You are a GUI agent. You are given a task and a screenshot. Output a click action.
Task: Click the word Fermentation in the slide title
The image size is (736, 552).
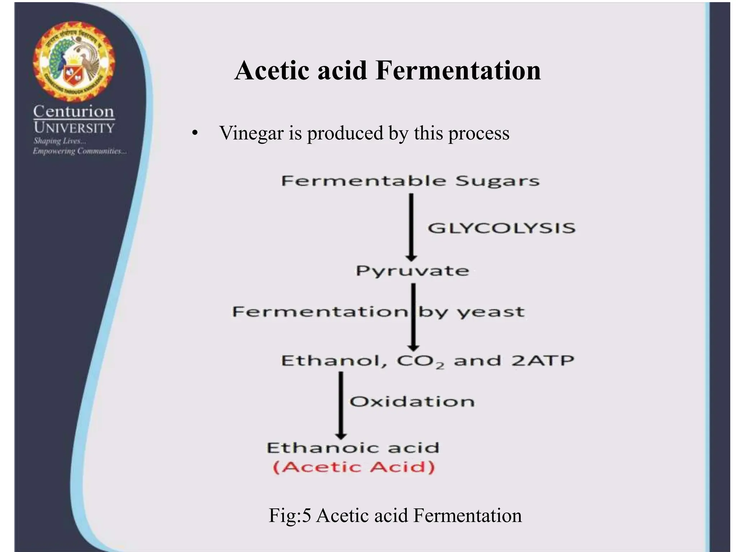pyautogui.click(x=458, y=70)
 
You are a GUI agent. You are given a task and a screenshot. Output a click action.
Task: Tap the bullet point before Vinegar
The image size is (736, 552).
pyautogui.click(x=195, y=134)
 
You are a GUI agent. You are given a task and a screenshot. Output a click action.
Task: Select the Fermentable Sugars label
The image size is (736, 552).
pyautogui.click(x=410, y=181)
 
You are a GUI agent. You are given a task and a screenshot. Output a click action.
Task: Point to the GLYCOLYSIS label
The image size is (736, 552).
pyautogui.click(x=501, y=228)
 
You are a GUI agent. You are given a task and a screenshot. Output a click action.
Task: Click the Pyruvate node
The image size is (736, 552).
pyautogui.click(x=413, y=271)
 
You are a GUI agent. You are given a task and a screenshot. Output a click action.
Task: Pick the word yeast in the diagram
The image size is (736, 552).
pyautogui.click(x=491, y=312)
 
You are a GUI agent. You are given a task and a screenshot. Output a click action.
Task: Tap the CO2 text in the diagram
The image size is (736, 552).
pyautogui.click(x=420, y=361)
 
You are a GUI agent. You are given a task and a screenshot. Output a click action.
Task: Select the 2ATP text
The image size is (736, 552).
pyautogui.click(x=543, y=360)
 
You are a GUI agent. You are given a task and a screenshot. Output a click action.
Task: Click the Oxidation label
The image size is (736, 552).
pyautogui.click(x=412, y=401)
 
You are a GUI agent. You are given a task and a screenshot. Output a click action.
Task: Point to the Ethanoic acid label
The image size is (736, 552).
pyautogui.click(x=353, y=448)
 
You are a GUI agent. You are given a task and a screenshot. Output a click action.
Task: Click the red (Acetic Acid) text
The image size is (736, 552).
pyautogui.click(x=354, y=467)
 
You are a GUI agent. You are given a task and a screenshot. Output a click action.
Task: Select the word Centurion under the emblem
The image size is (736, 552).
pyautogui.click(x=74, y=112)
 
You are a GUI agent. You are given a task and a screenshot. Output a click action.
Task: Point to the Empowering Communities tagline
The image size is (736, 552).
pyautogui.click(x=79, y=151)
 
